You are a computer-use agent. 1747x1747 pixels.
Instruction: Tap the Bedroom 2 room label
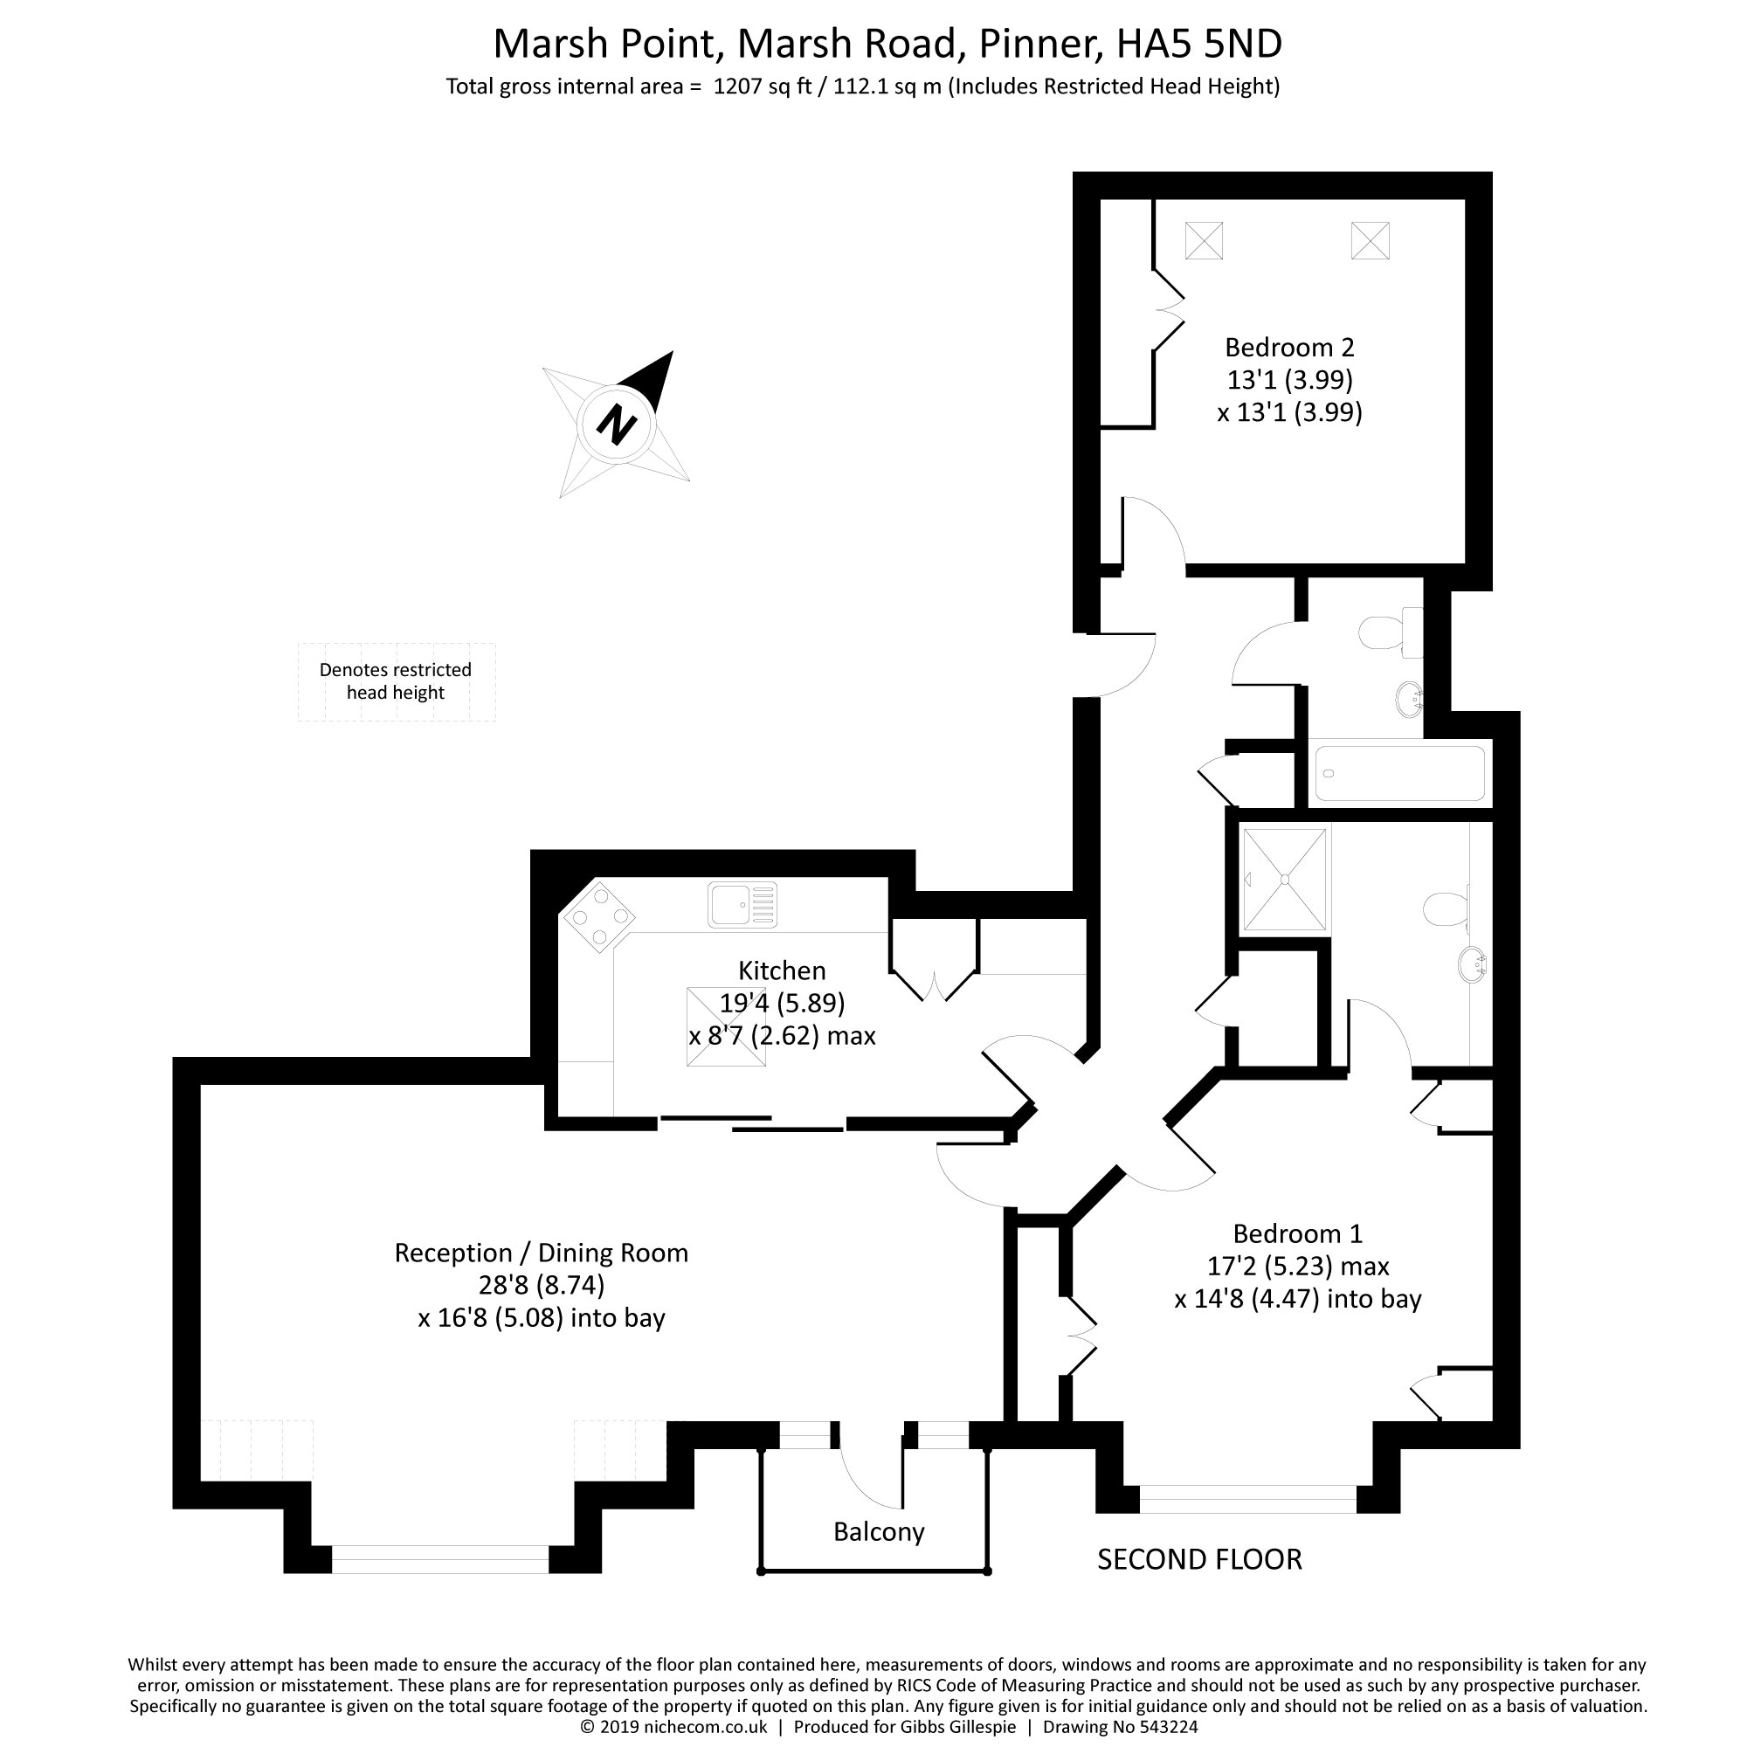[1289, 348]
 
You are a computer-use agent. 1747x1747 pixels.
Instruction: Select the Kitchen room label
[781, 971]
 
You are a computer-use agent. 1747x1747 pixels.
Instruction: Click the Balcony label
[878, 1532]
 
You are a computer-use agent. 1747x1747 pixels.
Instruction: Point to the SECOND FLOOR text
[1199, 1560]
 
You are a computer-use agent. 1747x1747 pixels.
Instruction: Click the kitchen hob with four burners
[597, 917]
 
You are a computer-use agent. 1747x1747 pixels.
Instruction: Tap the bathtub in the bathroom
[1398, 773]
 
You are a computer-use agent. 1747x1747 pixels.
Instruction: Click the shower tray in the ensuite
[1284, 879]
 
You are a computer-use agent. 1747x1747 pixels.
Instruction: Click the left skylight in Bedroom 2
[1204, 240]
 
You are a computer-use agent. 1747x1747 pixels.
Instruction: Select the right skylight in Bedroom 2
[1370, 240]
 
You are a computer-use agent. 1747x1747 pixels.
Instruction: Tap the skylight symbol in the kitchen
[725, 1028]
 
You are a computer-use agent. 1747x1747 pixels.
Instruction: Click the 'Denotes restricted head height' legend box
[396, 682]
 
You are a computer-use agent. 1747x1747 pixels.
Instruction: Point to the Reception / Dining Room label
[541, 1253]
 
